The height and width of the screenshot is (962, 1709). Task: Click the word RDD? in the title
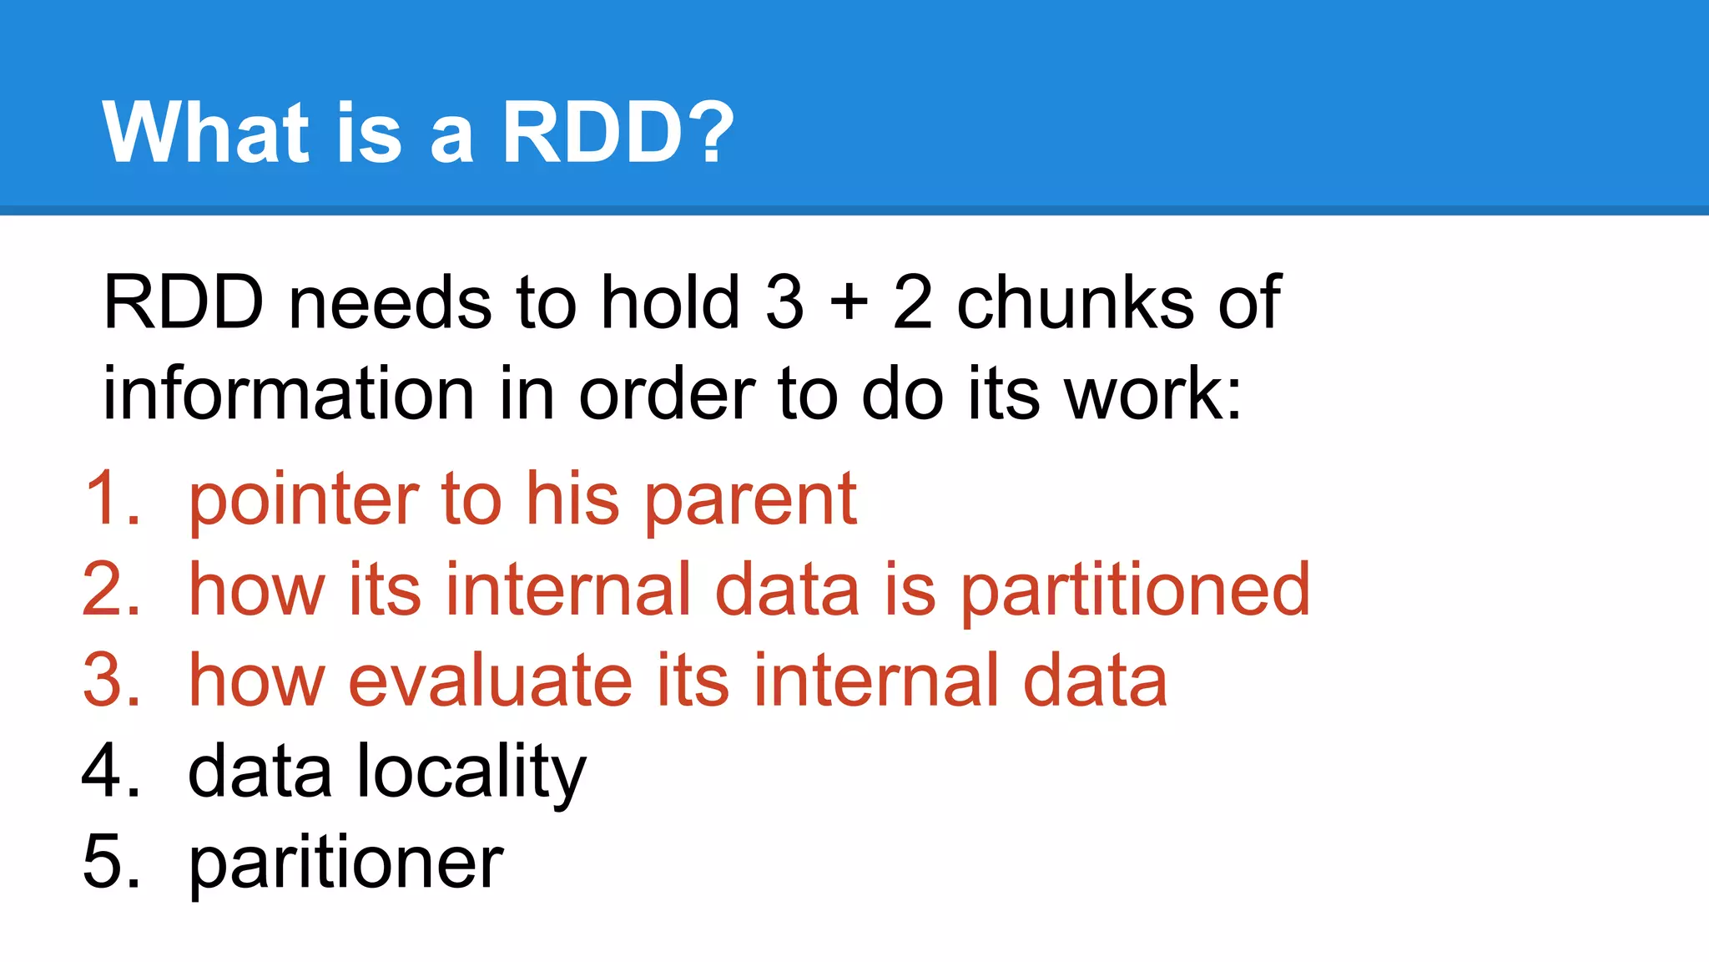(618, 132)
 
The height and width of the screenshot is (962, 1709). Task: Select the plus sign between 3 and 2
(849, 302)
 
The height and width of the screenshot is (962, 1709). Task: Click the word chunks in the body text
(1074, 302)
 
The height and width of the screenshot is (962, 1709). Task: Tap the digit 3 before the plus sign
(784, 302)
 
